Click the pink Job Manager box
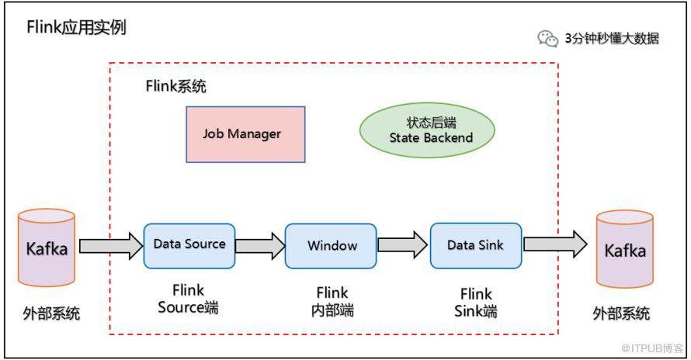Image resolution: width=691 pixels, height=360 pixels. pyautogui.click(x=245, y=133)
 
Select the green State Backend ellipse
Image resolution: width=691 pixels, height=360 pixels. pyautogui.click(x=427, y=130)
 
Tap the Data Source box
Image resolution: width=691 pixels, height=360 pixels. pyautogui.click(x=189, y=245)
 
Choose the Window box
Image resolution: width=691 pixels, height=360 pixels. pyautogui.click(x=332, y=246)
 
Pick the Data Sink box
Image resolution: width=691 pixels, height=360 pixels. pyautogui.click(x=475, y=246)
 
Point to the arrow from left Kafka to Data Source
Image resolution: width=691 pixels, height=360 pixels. pyautogui.click(x=109, y=246)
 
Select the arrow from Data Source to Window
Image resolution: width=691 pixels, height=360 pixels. pyautogui.click(x=259, y=246)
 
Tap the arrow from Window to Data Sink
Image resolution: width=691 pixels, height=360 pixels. pyautogui.click(x=402, y=246)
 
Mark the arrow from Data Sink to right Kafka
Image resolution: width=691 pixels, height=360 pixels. pyautogui.click(x=554, y=246)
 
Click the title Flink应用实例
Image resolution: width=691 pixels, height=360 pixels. pyautogui.click(x=76, y=28)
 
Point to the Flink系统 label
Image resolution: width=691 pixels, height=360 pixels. pyautogui.click(x=176, y=85)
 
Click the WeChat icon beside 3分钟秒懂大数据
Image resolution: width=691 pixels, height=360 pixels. pyautogui.click(x=547, y=38)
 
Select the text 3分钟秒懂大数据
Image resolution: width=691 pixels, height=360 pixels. pyautogui.click(x=612, y=38)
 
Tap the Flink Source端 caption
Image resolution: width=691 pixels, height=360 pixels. pyautogui.click(x=189, y=299)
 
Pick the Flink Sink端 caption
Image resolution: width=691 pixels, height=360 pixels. pyautogui.click(x=475, y=303)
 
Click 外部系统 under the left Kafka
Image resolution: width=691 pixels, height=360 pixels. pyautogui.click(x=51, y=314)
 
